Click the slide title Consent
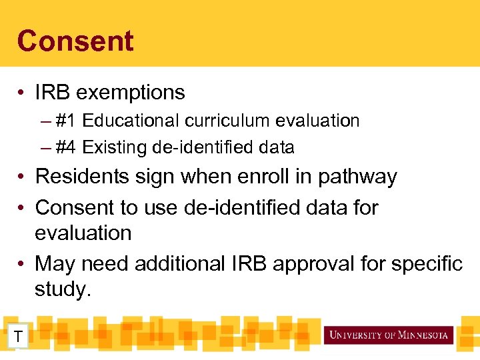(x=75, y=41)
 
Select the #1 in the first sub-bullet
(x=65, y=121)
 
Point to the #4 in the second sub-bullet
(x=65, y=147)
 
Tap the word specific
(x=427, y=264)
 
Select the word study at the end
(x=62, y=289)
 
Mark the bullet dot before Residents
(x=22, y=177)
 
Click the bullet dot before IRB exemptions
(x=22, y=92)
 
